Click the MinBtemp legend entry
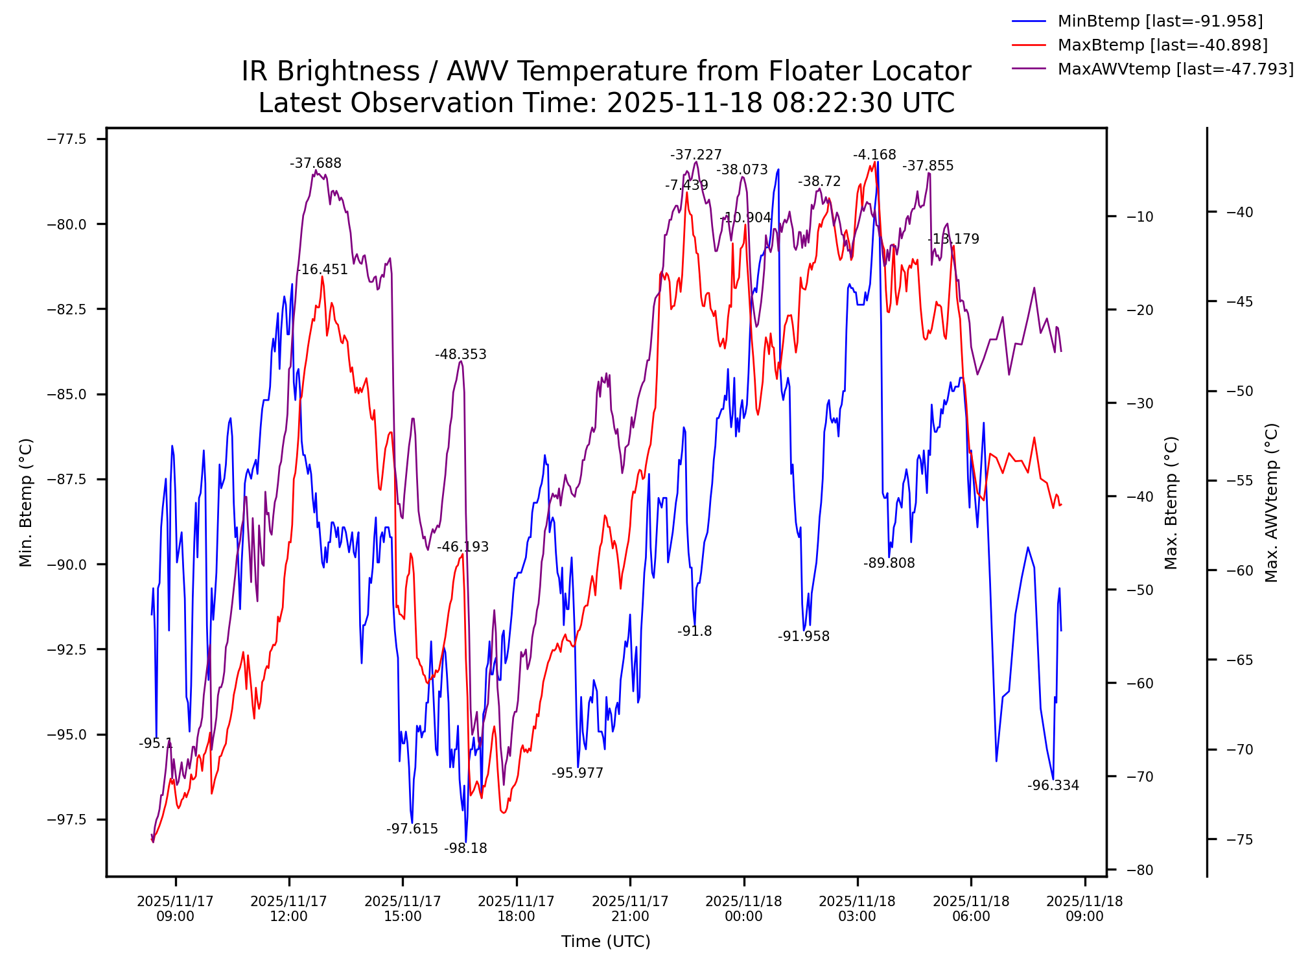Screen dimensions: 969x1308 tap(1160, 21)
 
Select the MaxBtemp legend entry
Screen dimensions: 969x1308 tap(1162, 45)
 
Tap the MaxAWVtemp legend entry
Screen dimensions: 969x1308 tap(1175, 69)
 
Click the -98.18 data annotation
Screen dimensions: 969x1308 tap(465, 848)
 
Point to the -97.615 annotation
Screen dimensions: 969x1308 tap(412, 829)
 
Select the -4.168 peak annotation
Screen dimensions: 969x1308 tap(874, 155)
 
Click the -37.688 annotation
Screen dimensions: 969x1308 tap(316, 163)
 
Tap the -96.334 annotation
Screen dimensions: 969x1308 tap(1053, 786)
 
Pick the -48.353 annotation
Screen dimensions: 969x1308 tap(461, 355)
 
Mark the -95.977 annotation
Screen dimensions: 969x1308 tap(578, 773)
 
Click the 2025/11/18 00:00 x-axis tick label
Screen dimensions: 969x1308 tap(743, 909)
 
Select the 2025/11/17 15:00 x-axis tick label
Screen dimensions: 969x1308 tap(403, 909)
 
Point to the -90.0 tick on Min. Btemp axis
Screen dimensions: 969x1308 tap(67, 565)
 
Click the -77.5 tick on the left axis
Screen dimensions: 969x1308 tap(67, 139)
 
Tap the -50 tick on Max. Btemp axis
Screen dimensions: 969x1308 tap(1140, 590)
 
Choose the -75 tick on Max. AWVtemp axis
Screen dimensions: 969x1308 tap(1240, 840)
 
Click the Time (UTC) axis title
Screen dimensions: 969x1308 tap(606, 942)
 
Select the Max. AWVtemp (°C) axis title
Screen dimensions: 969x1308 tap(1272, 503)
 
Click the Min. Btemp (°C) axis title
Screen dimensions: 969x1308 tap(26, 503)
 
